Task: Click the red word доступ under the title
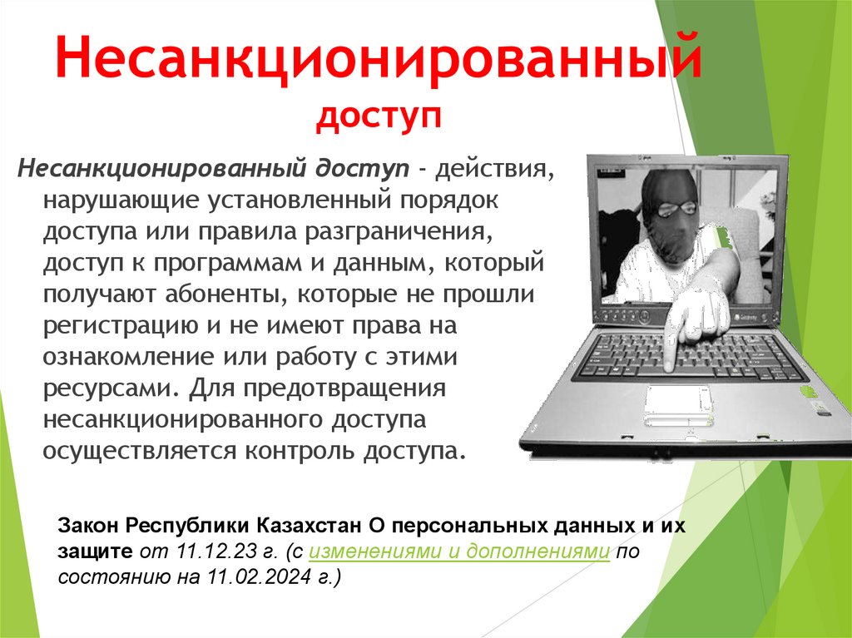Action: tap(379, 119)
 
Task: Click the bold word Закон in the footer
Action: tap(89, 527)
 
